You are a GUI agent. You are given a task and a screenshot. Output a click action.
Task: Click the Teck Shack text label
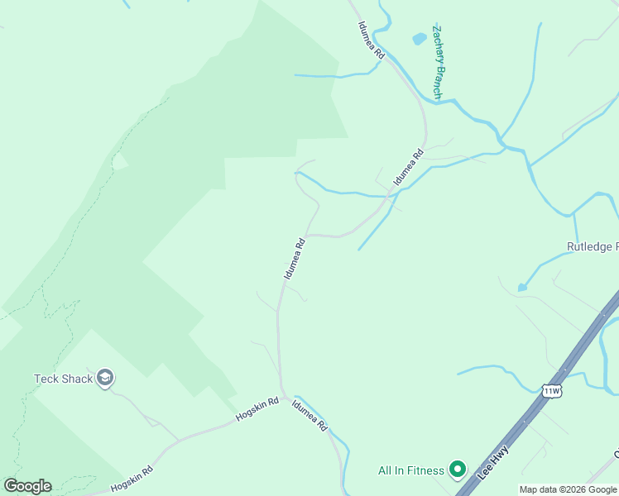click(63, 379)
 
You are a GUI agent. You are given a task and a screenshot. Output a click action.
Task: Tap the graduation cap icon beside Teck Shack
click(105, 379)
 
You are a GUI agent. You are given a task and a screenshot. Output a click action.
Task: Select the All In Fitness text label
click(411, 471)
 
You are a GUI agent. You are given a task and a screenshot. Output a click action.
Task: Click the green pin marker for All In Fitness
click(457, 470)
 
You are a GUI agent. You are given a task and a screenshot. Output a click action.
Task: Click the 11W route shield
click(551, 390)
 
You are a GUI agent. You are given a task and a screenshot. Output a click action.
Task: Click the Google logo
click(27, 486)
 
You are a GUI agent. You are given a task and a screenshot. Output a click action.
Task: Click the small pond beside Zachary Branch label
click(419, 38)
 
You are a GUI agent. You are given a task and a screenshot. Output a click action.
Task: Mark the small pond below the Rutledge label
click(522, 287)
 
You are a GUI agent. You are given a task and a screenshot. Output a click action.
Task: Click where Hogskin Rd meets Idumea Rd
click(284, 398)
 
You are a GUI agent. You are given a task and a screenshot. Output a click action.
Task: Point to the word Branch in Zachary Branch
click(437, 82)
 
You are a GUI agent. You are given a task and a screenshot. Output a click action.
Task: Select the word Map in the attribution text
click(530, 489)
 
